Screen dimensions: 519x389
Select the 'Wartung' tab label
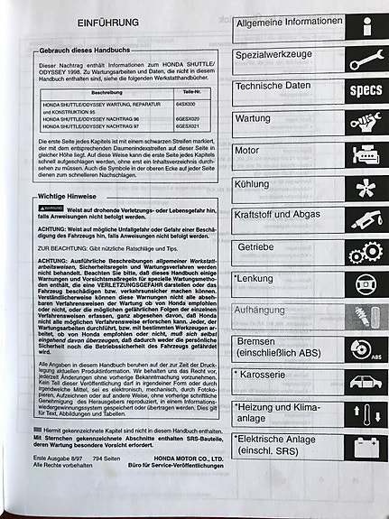coord(253,118)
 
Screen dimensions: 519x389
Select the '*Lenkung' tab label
coord(255,279)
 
